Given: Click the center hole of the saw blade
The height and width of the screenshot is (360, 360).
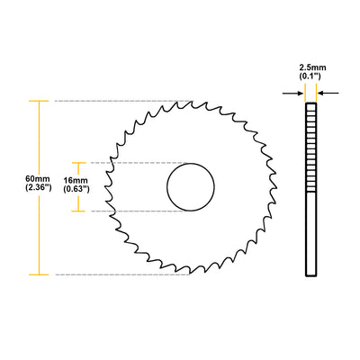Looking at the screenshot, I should point(191,187).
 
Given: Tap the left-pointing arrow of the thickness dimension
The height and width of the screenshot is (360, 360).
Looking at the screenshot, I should point(296,92).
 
